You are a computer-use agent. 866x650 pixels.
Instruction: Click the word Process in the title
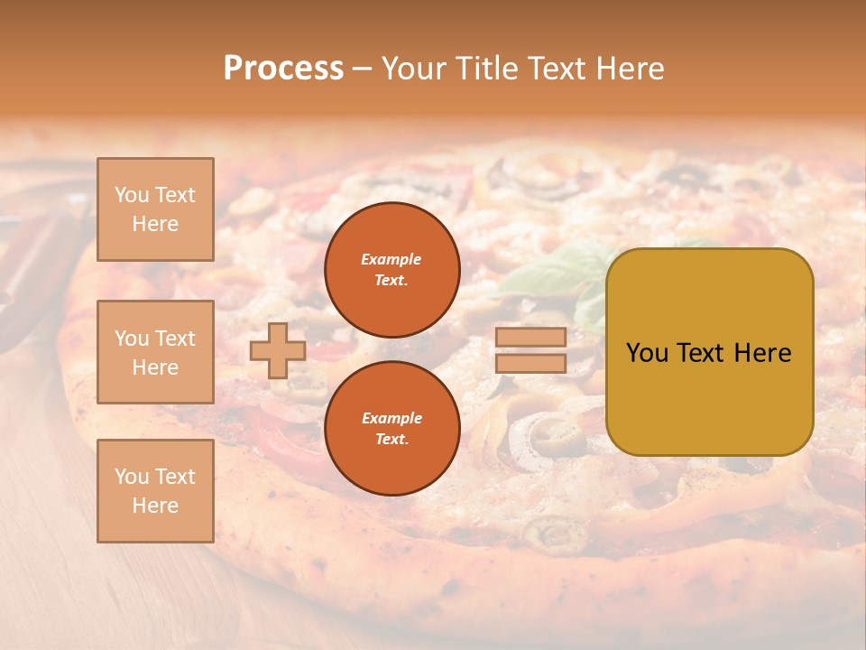click(283, 69)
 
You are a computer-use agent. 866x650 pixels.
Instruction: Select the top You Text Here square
click(155, 209)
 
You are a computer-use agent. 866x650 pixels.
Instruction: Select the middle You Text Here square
click(155, 352)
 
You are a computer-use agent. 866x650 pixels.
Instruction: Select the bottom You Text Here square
click(155, 490)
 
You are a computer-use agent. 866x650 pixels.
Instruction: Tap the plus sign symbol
click(277, 351)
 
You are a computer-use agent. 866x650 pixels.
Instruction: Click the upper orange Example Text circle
click(392, 269)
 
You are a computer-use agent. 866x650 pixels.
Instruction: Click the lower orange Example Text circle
click(392, 428)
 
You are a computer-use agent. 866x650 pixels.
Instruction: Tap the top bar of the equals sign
click(530, 337)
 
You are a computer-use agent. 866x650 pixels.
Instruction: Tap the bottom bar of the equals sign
click(530, 363)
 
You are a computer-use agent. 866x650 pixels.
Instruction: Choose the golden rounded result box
click(709, 352)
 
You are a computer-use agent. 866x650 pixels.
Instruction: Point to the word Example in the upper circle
click(391, 259)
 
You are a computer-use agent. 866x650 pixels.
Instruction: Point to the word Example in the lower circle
click(392, 418)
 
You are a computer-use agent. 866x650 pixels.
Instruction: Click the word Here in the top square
click(155, 224)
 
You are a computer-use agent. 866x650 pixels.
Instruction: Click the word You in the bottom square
click(132, 476)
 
